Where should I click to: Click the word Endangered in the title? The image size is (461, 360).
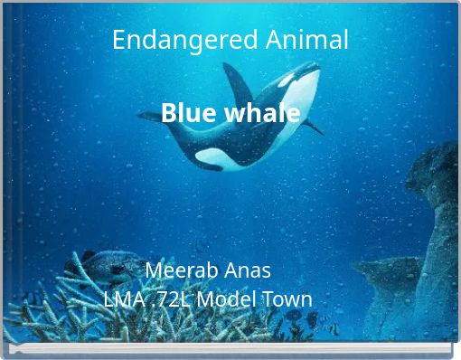(174, 40)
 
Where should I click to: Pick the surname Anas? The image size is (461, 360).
(248, 270)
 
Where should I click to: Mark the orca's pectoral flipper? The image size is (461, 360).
(310, 126)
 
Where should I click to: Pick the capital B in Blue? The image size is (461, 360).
(168, 114)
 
